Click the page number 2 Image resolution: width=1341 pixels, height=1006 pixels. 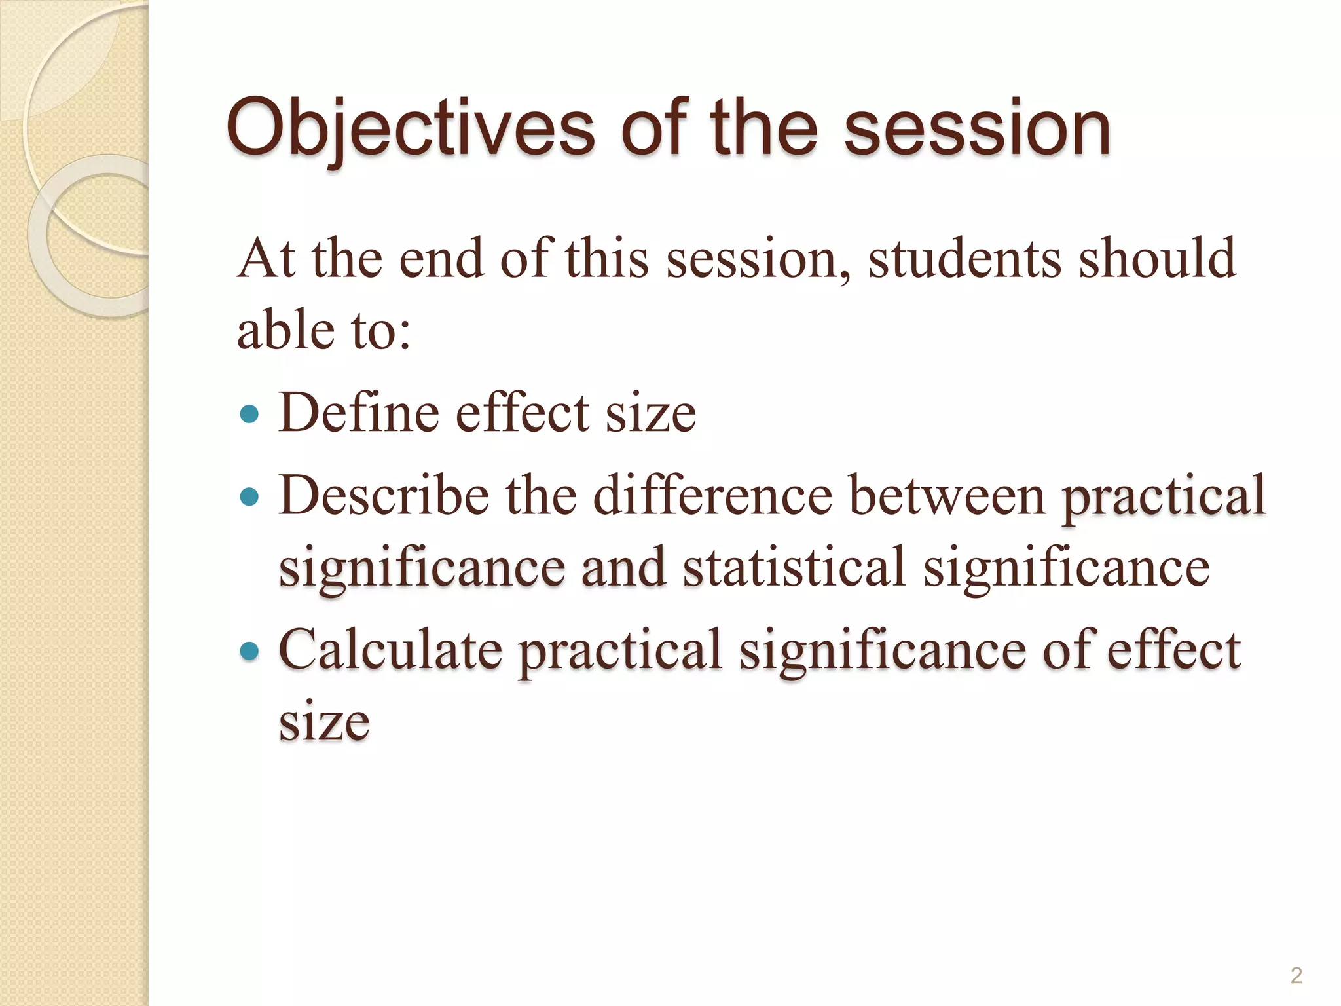(1296, 975)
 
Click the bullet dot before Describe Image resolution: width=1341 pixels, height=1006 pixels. (249, 496)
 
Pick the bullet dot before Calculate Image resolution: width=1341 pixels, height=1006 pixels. (249, 651)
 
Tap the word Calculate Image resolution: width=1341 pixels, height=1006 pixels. (390, 650)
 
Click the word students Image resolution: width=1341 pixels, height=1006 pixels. (964, 259)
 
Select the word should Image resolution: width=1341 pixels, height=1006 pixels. (1157, 259)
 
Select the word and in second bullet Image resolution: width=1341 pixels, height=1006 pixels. (623, 567)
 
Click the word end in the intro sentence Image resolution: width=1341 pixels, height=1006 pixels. (441, 259)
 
